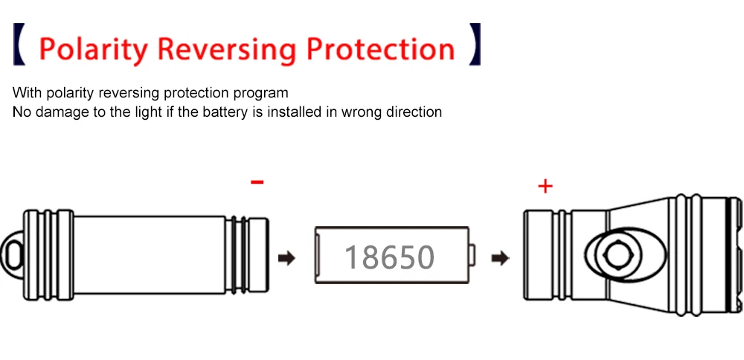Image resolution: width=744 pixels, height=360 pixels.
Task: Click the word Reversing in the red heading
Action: [228, 48]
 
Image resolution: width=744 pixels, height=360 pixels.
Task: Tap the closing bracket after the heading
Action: [474, 44]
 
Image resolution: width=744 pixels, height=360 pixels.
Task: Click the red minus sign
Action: [257, 181]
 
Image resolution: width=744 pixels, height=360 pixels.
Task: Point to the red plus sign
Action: [545, 186]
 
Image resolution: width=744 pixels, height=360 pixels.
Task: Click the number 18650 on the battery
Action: [389, 257]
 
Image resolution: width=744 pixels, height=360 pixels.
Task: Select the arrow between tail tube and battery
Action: [286, 258]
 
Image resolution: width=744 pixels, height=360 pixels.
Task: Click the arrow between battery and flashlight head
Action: [501, 258]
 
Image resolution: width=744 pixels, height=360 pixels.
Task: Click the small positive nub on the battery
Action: [473, 257]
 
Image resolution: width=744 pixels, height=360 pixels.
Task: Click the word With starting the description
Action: [27, 94]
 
